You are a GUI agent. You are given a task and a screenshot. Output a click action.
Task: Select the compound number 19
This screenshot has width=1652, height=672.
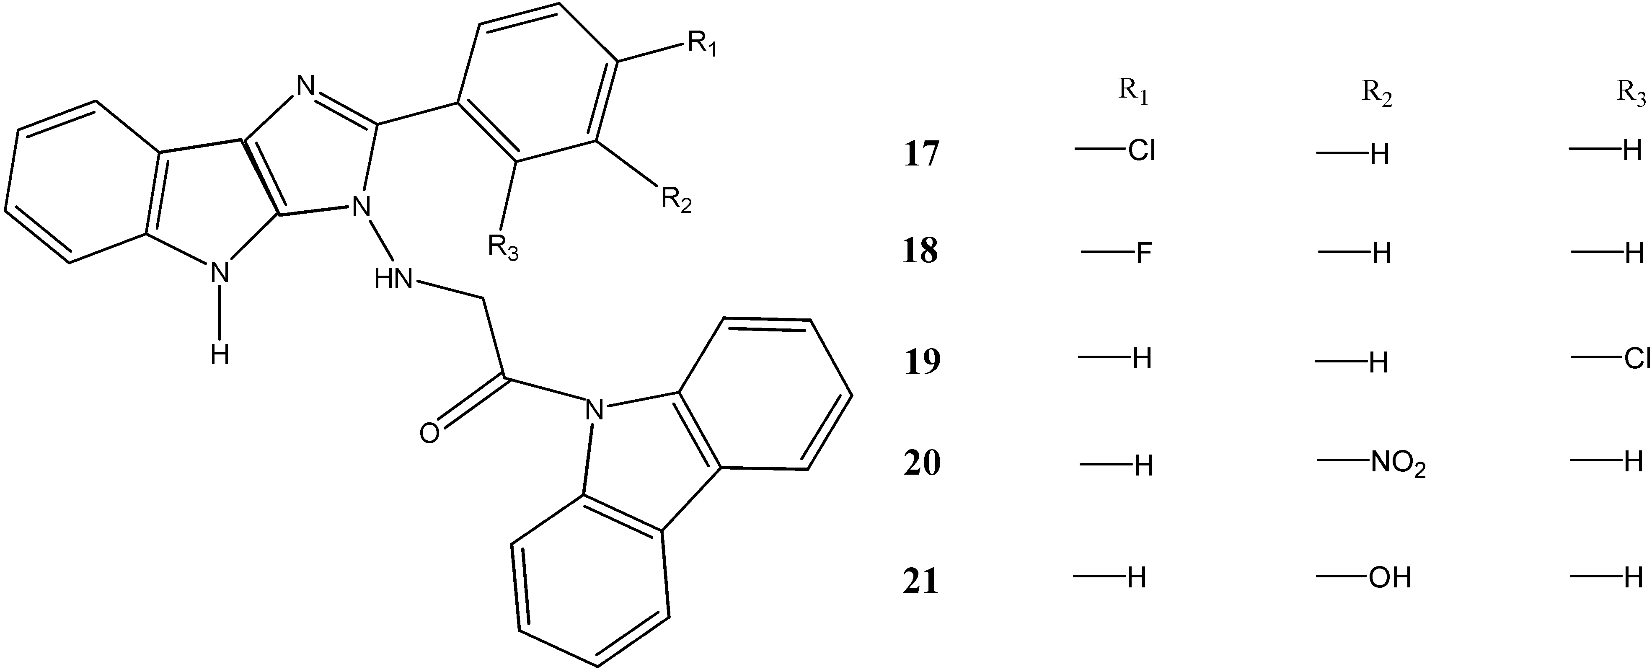(x=922, y=362)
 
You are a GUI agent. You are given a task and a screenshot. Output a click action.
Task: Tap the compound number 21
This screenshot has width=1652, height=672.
(x=921, y=582)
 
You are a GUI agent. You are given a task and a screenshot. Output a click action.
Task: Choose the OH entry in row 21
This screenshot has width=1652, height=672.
(x=1390, y=579)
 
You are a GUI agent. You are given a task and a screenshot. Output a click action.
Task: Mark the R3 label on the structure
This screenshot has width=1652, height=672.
(x=503, y=247)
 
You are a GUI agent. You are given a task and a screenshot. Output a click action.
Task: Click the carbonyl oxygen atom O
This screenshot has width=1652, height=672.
(x=430, y=434)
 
